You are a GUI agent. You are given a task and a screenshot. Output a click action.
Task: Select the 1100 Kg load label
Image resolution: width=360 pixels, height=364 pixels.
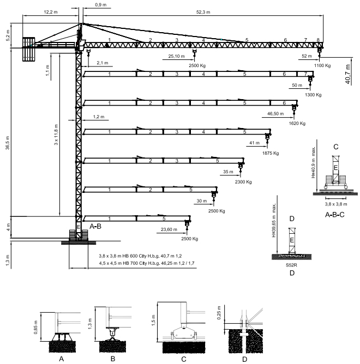323,66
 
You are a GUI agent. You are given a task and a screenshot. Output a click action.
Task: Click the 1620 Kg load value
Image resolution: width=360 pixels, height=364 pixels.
298,124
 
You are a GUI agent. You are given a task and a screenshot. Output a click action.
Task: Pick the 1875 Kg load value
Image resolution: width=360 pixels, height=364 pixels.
271,153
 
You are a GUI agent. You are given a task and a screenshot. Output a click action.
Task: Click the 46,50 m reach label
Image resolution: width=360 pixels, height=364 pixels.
276,114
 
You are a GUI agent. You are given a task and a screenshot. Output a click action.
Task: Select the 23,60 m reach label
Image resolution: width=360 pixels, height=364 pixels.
170,229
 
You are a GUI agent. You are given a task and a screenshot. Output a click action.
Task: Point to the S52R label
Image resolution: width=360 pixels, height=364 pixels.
292,265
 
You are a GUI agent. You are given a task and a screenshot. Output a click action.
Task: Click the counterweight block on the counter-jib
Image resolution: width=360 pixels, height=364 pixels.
29,48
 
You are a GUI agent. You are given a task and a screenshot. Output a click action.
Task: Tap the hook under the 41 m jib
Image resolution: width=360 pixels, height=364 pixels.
267,141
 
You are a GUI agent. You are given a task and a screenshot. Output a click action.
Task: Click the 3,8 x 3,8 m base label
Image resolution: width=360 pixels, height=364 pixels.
336,204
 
